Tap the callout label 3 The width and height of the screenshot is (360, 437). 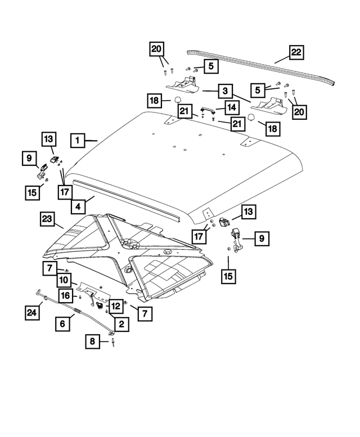tap(224, 90)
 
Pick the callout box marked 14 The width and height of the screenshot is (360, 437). tap(231, 107)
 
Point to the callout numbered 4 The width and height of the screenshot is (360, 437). tap(78, 205)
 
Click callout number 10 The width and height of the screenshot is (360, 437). tap(64, 280)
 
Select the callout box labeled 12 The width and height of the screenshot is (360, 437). tap(115, 306)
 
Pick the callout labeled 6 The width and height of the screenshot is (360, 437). tap(63, 323)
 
